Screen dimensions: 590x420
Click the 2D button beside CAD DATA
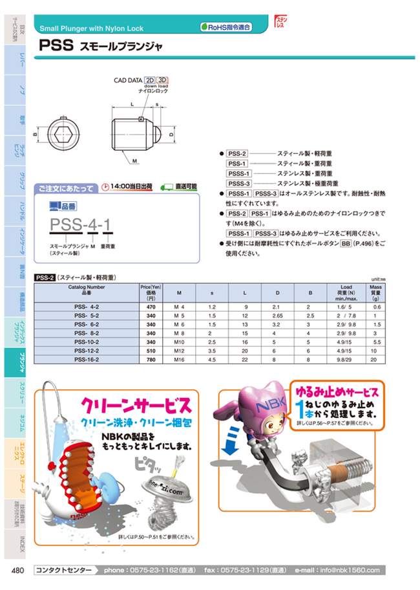tap(149, 81)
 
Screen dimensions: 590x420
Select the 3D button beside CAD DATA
tap(163, 81)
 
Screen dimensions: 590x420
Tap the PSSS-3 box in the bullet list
tap(238, 184)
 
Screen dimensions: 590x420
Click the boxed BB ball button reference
tap(345, 244)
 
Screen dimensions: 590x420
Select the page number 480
tap(18, 570)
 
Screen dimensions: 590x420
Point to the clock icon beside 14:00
tap(106, 187)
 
